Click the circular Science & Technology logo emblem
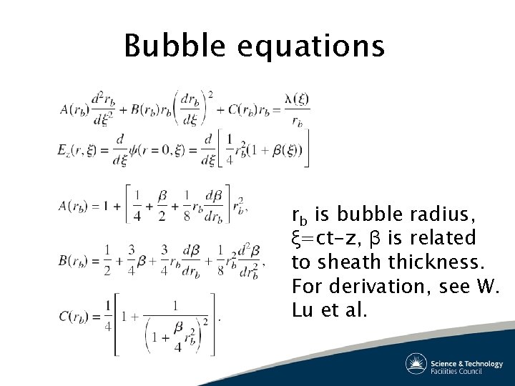pos(416,364)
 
